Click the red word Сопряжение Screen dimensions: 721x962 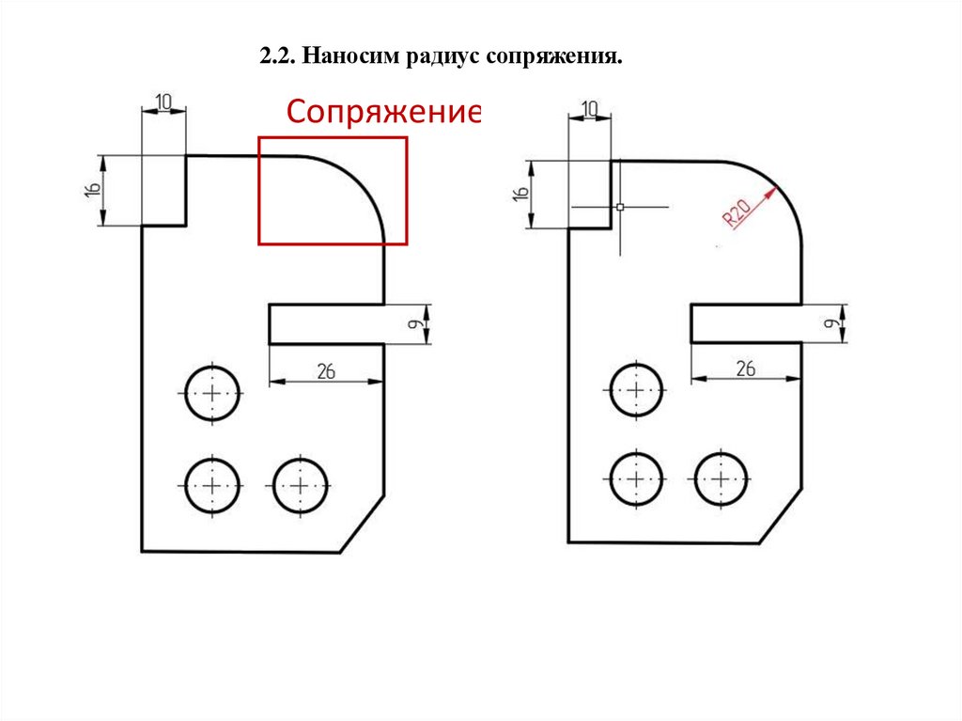click(x=384, y=113)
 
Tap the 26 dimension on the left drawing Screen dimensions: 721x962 click(x=327, y=371)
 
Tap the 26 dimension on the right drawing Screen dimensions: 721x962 click(x=746, y=368)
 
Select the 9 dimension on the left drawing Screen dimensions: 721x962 click(x=414, y=324)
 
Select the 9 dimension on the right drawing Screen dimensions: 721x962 click(x=831, y=324)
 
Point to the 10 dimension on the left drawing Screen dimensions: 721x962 click(x=163, y=101)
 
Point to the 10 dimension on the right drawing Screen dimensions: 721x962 click(x=590, y=108)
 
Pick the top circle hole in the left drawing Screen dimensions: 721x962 click(x=212, y=392)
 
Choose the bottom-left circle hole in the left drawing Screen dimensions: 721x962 click(x=212, y=485)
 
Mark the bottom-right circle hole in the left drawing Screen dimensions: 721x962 click(x=300, y=485)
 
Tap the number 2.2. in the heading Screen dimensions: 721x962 click(x=277, y=59)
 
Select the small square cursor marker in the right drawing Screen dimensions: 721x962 click(x=620, y=206)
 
